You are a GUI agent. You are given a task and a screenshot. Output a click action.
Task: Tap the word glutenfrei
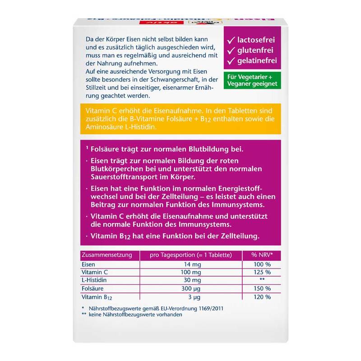point(261,48)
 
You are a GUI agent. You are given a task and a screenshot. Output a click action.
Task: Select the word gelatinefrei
point(264,60)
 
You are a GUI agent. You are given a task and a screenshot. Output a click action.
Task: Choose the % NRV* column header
point(262,255)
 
